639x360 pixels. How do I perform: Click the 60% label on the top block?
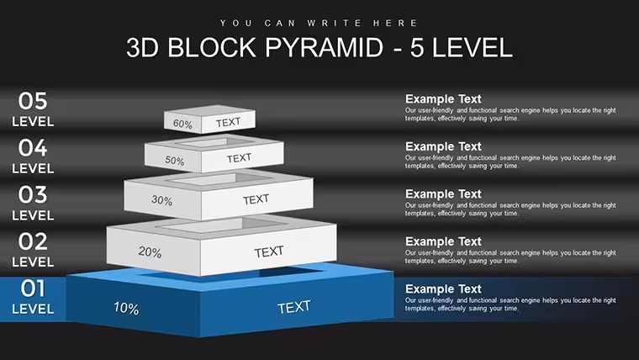(182, 124)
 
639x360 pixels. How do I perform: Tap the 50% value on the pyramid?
(175, 161)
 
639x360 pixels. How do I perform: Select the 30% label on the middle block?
(161, 200)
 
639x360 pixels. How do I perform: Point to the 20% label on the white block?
(150, 252)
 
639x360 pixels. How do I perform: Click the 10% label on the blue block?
(126, 308)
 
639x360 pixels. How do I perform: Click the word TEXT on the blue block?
(294, 307)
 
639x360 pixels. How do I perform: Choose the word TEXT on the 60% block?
(228, 122)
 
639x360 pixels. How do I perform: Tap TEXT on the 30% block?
(256, 199)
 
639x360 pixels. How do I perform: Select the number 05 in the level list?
(33, 101)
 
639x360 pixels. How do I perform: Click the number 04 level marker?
(33, 147)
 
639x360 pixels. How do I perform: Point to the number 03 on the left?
(33, 194)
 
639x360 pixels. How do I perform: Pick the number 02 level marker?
(33, 241)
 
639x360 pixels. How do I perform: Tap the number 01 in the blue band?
(33, 289)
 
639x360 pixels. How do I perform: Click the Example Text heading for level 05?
(443, 99)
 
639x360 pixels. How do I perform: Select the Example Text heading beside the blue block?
(443, 289)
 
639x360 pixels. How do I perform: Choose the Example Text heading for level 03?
(443, 194)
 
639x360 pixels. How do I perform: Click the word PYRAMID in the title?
(325, 47)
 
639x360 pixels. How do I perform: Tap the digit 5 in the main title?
(417, 47)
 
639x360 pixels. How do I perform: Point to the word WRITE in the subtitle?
(334, 23)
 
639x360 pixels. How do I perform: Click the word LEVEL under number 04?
(33, 168)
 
